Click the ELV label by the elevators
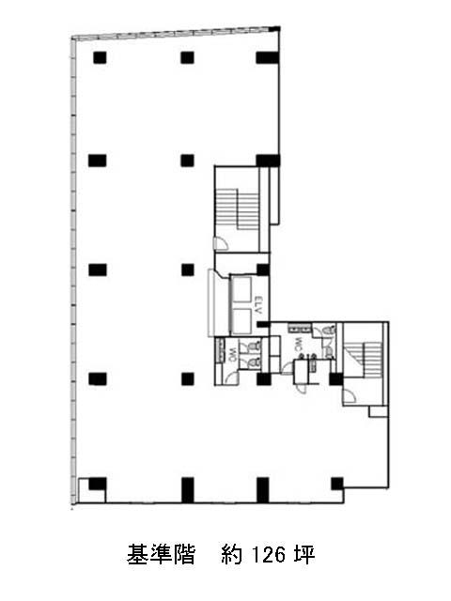(258, 305)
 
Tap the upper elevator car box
(242, 289)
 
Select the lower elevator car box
(242, 321)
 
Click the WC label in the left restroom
(233, 355)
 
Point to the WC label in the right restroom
(297, 344)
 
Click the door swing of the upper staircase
(221, 244)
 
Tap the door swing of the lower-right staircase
(350, 396)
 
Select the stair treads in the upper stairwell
(238, 209)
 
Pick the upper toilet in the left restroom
(254, 346)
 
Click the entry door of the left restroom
(231, 378)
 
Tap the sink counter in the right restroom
(300, 328)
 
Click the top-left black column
(100, 57)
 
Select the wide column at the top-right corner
(267, 57)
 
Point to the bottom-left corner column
(98, 484)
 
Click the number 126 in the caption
(269, 555)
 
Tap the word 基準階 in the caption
(161, 555)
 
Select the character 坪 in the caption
(304, 555)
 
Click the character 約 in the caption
(232, 555)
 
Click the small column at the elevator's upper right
(263, 270)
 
